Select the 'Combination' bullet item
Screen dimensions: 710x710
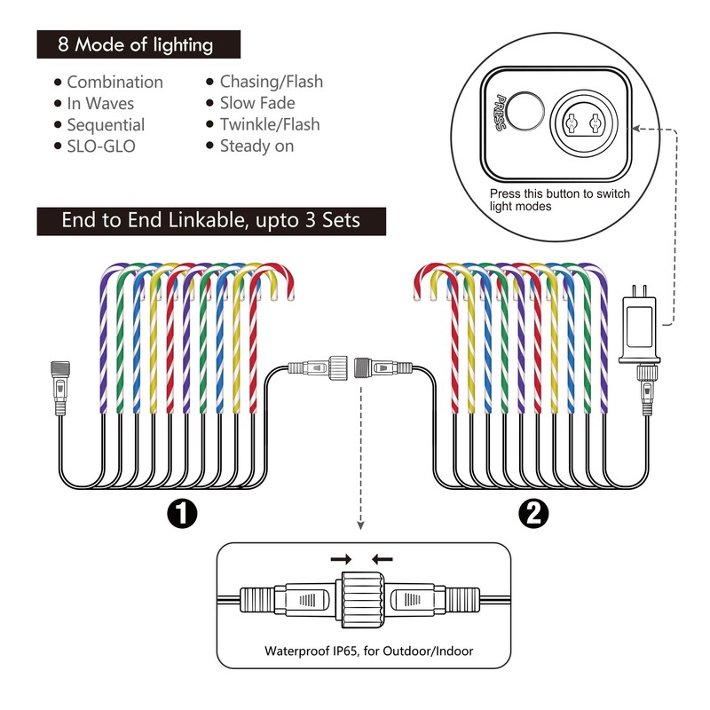coord(115,82)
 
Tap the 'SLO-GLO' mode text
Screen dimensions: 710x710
coord(101,146)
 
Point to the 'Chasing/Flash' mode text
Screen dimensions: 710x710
coord(272,82)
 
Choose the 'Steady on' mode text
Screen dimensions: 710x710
coord(256,146)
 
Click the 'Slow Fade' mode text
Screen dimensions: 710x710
coord(257,103)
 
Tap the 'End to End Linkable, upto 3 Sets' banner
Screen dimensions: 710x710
coord(211,220)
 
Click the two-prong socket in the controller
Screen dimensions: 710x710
coord(584,122)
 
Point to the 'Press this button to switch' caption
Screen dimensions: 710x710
coord(560,193)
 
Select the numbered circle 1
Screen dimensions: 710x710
coord(182,514)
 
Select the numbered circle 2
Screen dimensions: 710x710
coord(533,514)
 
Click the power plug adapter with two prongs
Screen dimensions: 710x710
coord(639,329)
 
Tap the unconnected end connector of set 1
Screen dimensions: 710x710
coord(60,387)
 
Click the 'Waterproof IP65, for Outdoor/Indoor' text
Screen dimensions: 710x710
coord(368,651)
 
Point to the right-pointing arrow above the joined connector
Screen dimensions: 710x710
coord(341,560)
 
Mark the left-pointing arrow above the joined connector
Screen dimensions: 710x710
coord(383,560)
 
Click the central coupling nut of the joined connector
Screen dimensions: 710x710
coord(363,600)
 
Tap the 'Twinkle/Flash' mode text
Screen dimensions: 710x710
coord(270,124)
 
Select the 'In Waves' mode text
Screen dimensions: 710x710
coord(100,104)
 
